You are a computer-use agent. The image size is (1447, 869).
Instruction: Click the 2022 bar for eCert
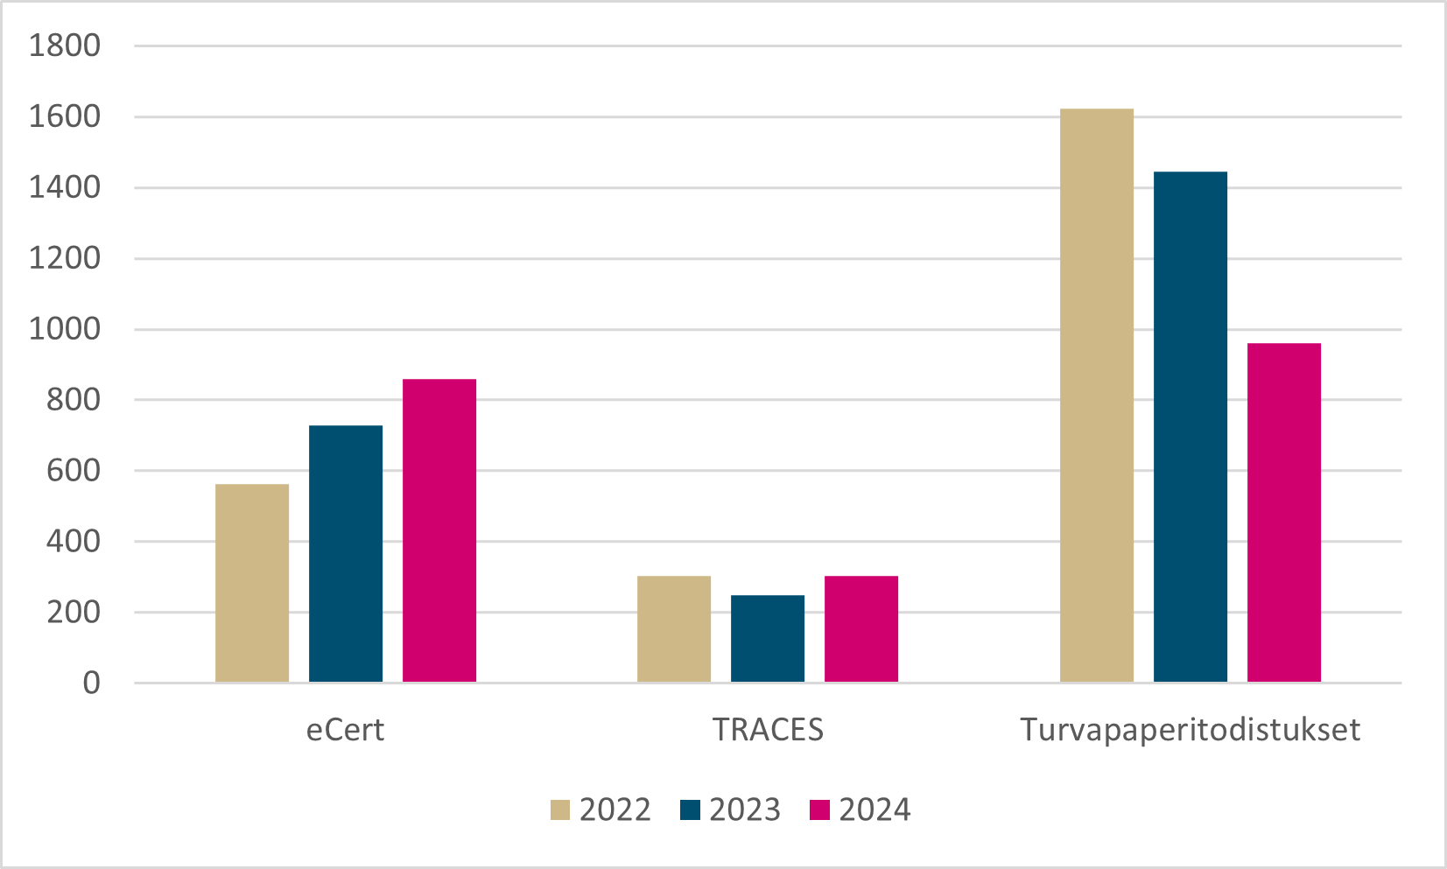(x=252, y=583)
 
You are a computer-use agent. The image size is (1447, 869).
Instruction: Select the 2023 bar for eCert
(x=346, y=554)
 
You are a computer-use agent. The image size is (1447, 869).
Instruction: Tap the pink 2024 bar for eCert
(x=439, y=530)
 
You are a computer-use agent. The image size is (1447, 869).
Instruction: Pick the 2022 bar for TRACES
(x=674, y=629)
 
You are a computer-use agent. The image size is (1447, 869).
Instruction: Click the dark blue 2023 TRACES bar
(x=768, y=639)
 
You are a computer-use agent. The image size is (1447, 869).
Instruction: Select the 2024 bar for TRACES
(x=861, y=629)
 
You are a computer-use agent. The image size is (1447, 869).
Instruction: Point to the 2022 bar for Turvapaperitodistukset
(x=1097, y=396)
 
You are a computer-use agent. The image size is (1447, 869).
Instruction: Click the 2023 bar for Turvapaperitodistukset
(x=1191, y=427)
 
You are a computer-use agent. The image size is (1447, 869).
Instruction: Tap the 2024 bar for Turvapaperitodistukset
(x=1284, y=513)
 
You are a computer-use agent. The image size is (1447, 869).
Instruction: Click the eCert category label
(x=345, y=730)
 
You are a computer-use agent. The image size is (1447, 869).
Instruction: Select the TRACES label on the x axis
(x=769, y=730)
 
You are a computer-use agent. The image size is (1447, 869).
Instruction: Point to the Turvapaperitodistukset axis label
(x=1191, y=730)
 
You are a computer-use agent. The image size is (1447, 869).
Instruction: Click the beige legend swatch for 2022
(x=560, y=810)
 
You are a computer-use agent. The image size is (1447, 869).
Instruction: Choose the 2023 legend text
(x=745, y=810)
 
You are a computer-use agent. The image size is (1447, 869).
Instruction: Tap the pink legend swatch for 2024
(x=819, y=810)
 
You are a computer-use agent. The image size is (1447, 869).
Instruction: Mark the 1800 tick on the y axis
(x=65, y=46)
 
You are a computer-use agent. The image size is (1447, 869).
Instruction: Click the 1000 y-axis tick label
(x=65, y=329)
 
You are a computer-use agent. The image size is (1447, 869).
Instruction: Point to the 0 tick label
(x=91, y=683)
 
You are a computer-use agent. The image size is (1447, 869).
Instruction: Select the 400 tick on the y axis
(x=74, y=542)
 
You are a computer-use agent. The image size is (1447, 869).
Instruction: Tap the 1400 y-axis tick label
(x=65, y=187)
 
